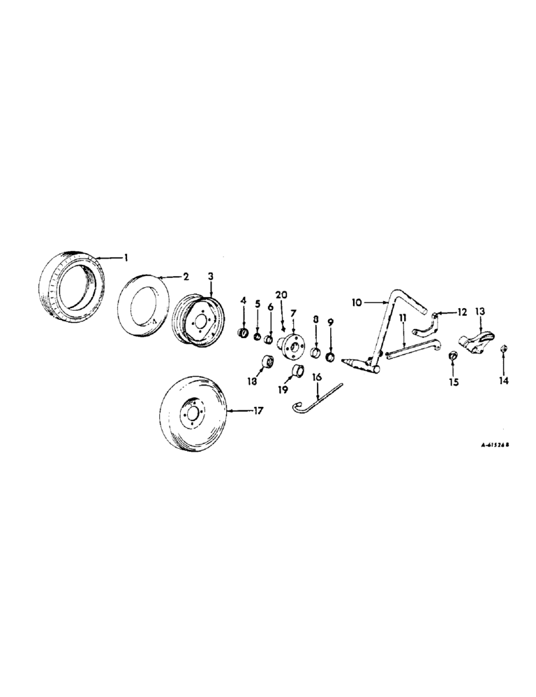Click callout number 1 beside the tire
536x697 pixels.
pos(126,258)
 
